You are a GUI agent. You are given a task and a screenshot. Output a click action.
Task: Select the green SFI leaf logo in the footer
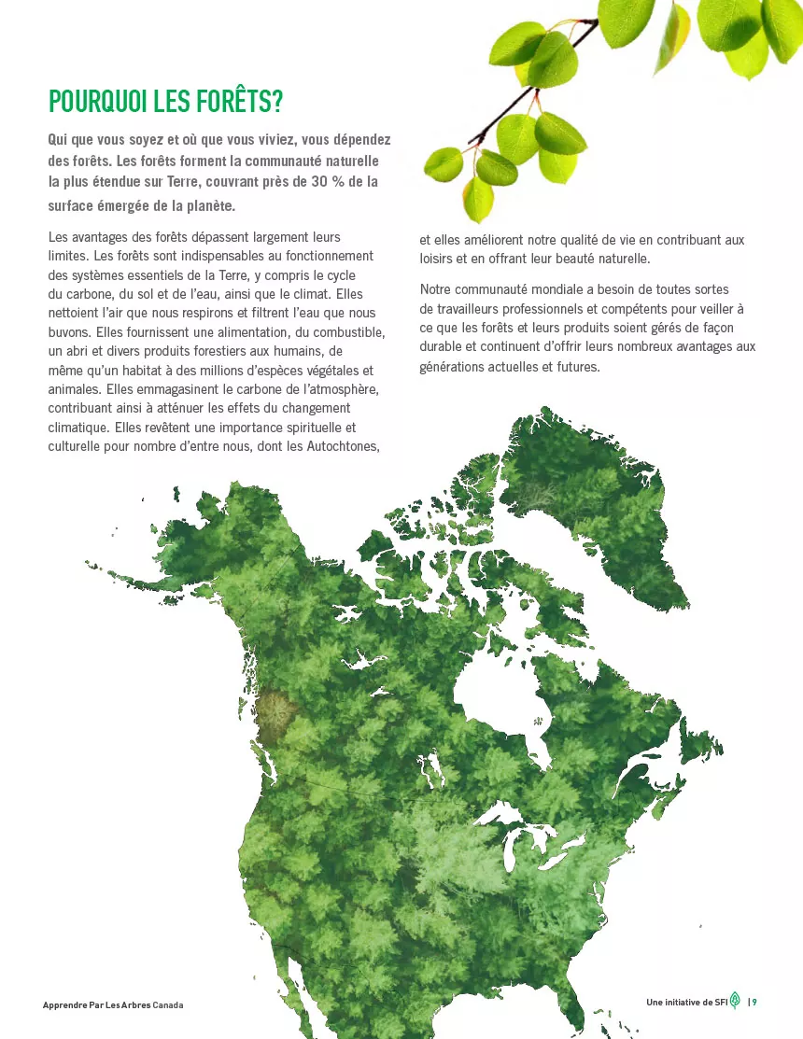735,1000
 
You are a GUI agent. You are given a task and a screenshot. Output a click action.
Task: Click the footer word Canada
168,1005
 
